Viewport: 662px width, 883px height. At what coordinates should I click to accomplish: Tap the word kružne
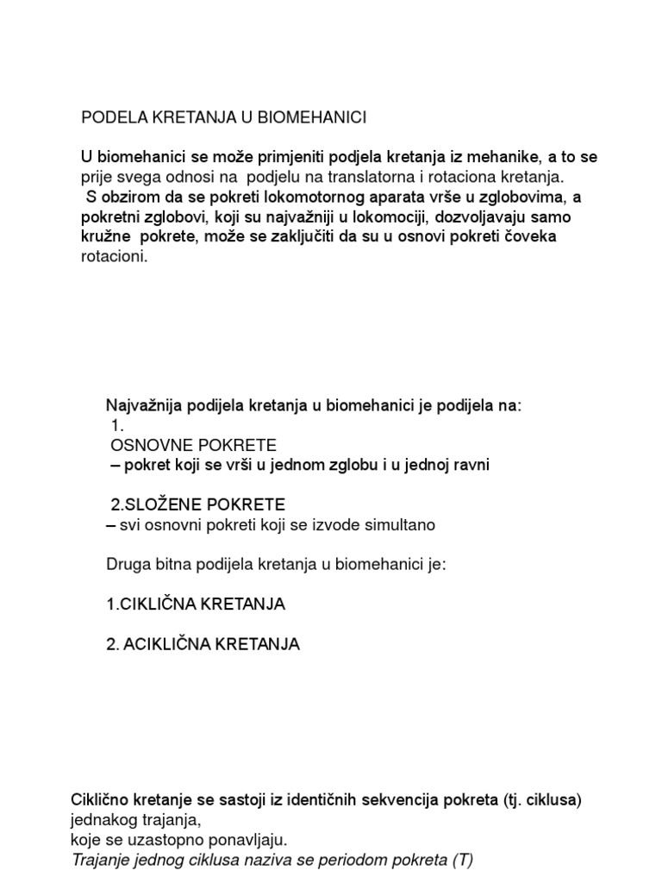[x=109, y=237]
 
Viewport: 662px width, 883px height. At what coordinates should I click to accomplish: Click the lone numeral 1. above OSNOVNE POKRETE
[x=119, y=425]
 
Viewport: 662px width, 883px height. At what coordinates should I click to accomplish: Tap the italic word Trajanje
[x=102, y=859]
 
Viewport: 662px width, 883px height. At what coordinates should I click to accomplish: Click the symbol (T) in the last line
[x=462, y=859]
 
